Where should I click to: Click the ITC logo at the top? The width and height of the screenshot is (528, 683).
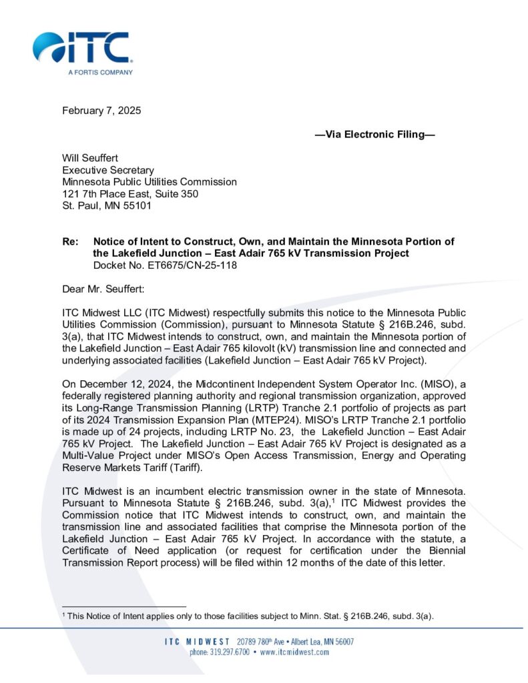pos(81,48)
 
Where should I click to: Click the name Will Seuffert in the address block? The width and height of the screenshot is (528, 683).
pos(91,158)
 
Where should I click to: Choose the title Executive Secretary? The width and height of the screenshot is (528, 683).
pos(108,170)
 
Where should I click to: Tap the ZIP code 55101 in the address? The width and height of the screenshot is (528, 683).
pos(138,205)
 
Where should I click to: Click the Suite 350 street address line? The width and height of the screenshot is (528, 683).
pos(130,193)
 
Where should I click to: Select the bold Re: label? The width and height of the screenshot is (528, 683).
pos(69,241)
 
